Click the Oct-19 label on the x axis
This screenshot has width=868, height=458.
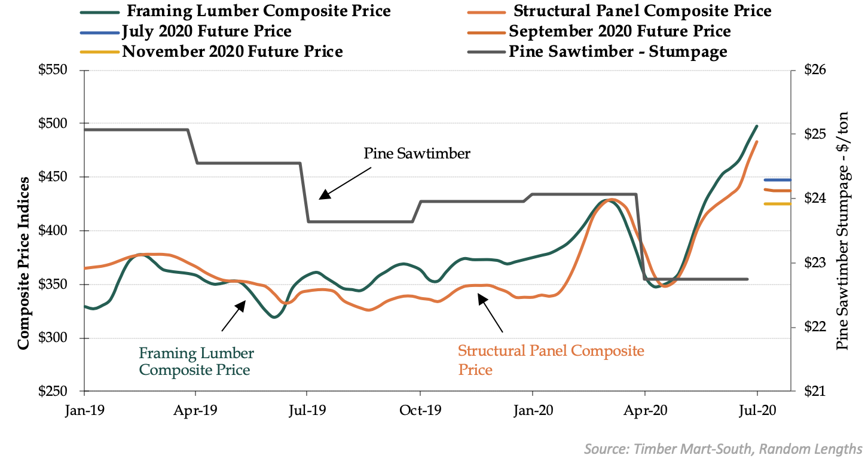click(420, 411)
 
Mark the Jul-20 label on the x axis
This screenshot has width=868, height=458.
click(757, 411)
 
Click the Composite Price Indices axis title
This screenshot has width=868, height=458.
click(23, 263)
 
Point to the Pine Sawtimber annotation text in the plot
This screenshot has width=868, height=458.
click(417, 154)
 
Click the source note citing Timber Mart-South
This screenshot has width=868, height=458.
click(723, 448)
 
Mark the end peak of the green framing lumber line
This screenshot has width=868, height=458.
click(757, 126)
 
